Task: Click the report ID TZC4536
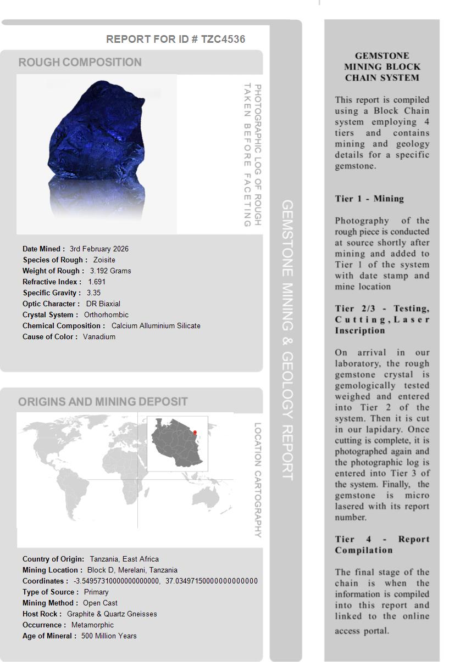click(223, 39)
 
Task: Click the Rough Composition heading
click(80, 62)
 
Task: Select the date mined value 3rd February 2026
click(99, 249)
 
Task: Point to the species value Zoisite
click(104, 260)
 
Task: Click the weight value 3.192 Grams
click(110, 271)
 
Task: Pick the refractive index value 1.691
click(97, 282)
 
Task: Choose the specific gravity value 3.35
click(93, 293)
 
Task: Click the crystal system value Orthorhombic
click(106, 315)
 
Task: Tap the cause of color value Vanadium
click(99, 336)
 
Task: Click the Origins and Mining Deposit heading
click(103, 401)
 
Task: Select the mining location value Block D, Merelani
click(132, 570)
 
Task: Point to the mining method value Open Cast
click(100, 603)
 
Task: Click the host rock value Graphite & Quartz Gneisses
click(112, 614)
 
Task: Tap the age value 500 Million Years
click(109, 636)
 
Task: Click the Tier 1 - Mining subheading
click(369, 199)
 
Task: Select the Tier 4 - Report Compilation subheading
click(382, 545)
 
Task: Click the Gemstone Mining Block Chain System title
click(382, 66)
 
